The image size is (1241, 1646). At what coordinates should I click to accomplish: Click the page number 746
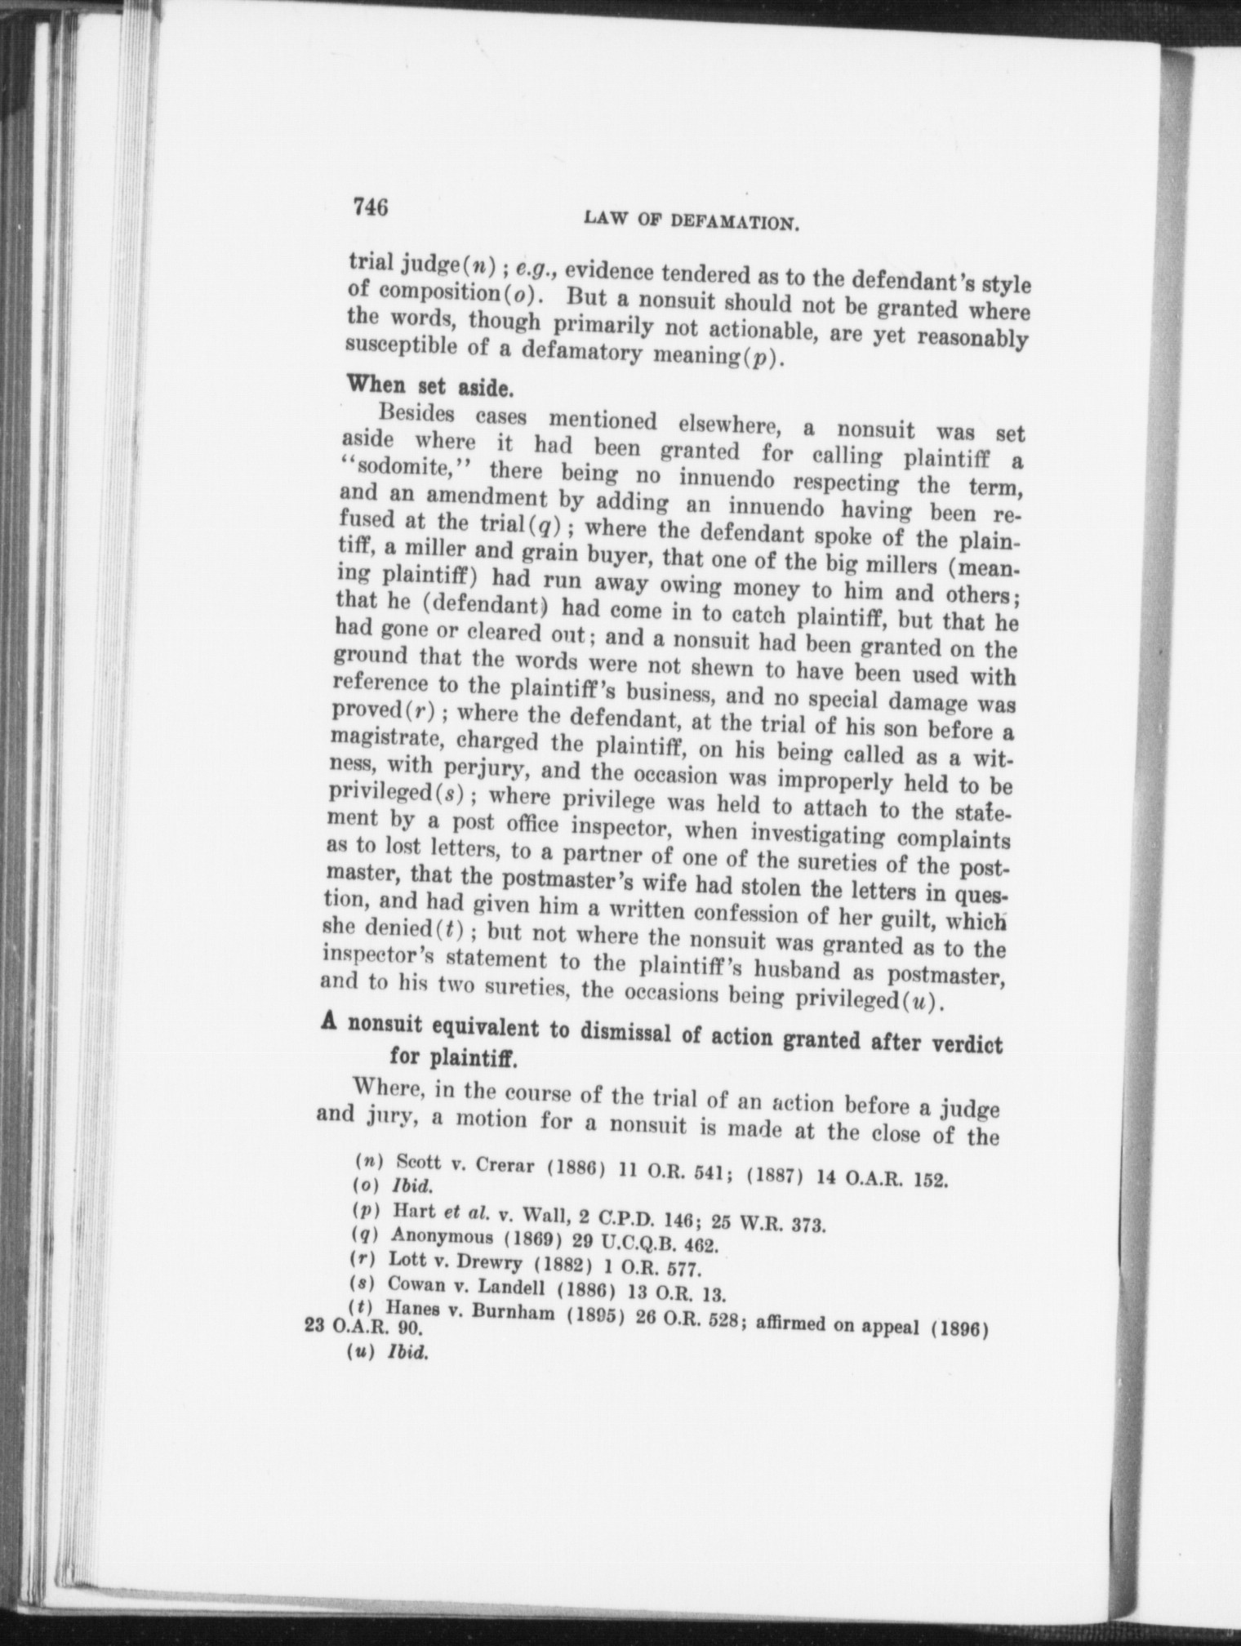(x=370, y=207)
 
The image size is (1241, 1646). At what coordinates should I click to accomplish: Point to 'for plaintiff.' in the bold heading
(x=452, y=1059)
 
